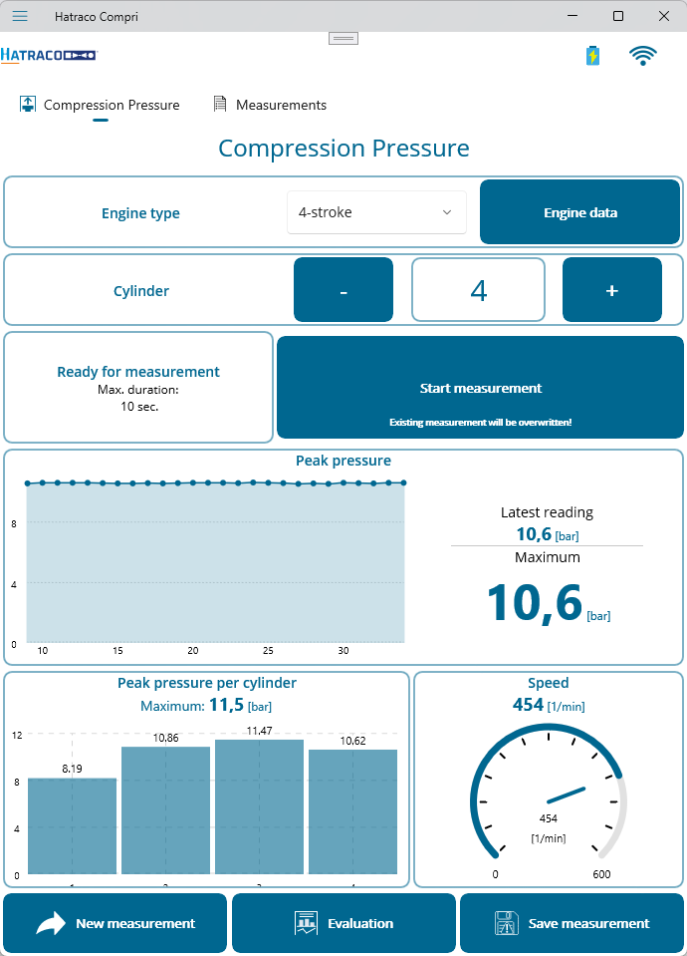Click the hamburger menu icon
pos(20,16)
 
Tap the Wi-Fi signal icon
pos(643,56)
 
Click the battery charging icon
pos(593,56)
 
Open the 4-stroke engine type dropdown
pos(376,212)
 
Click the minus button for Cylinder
pos(343,290)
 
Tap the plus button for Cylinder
pos(612,290)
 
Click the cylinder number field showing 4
pos(478,290)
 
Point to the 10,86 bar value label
pos(165,738)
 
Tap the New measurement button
pos(116,923)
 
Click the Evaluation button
pos(343,923)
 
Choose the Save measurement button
pos(572,923)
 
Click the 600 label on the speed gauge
pos(601,874)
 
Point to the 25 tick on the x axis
pos(268,651)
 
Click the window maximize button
pos(618,16)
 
